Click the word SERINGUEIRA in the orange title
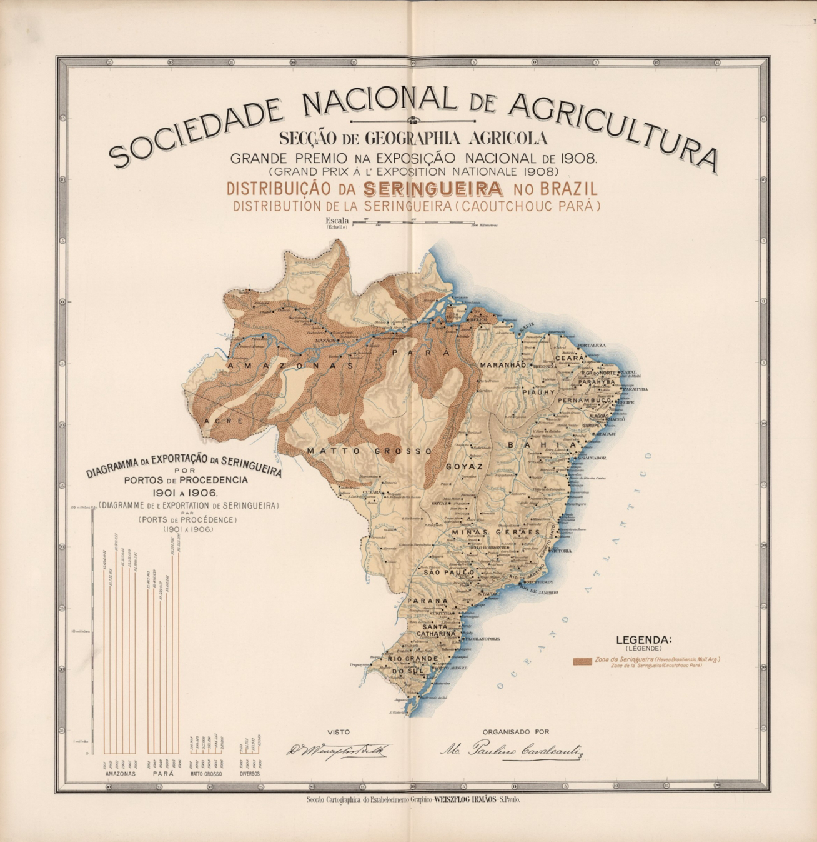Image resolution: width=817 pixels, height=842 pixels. pos(433,189)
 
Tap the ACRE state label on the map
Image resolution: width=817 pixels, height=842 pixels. pos(223,421)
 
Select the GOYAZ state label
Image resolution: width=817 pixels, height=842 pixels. pos(464,467)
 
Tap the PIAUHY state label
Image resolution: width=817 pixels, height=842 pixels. pos(538,393)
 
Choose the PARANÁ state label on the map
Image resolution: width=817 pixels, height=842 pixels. pos(428,601)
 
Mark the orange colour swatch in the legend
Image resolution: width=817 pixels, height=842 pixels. pos(582,661)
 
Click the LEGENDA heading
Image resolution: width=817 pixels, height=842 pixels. pos(643,639)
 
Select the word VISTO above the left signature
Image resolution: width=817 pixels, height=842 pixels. pos(339,732)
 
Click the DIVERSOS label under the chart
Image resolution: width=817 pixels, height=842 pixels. pos(250,774)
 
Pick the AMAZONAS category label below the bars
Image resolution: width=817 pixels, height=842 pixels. pos(121,774)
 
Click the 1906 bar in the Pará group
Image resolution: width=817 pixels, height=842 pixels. pos(179,650)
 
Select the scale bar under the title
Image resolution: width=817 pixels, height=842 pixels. pos(412,221)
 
